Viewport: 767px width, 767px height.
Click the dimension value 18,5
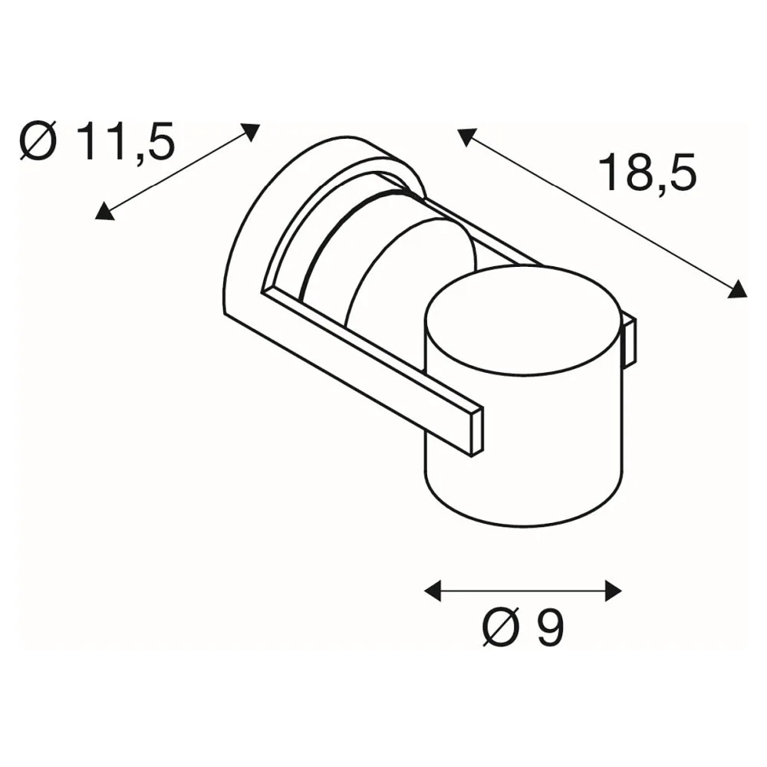(647, 172)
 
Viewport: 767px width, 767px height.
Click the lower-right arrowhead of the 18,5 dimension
(738, 289)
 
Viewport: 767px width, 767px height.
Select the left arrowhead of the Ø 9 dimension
(433, 591)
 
